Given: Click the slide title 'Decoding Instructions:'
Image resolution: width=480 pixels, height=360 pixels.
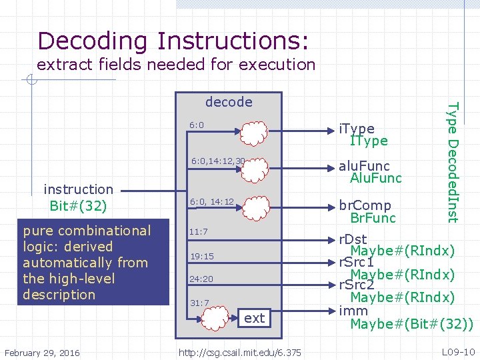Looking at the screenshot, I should tap(173, 41).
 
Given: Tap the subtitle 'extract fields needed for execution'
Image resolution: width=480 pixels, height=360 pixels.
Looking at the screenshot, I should tap(176, 65).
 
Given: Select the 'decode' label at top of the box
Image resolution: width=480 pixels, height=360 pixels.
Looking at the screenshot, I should tap(229, 102).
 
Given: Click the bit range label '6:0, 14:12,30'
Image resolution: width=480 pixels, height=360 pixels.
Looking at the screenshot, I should tap(218, 161).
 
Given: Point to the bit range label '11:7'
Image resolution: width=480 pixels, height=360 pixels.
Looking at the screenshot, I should tap(199, 232).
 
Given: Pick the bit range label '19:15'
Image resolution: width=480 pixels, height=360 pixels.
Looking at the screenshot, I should tap(201, 256).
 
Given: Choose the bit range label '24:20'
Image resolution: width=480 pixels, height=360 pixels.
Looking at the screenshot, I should tap(201, 279).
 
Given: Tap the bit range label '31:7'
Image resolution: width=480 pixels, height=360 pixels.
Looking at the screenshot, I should tap(199, 303).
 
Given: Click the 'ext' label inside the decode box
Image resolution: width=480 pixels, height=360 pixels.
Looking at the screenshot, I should tap(254, 318).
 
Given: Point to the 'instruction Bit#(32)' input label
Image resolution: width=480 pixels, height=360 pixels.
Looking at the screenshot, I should tap(77, 197).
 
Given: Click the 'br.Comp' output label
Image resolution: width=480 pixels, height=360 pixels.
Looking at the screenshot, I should tap(365, 205).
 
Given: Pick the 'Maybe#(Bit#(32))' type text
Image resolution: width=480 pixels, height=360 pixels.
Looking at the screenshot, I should tap(412, 325).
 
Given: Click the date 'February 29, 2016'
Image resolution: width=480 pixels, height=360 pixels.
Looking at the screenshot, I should tap(41, 352).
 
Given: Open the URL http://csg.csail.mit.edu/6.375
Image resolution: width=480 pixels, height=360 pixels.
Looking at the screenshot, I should tap(239, 352).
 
